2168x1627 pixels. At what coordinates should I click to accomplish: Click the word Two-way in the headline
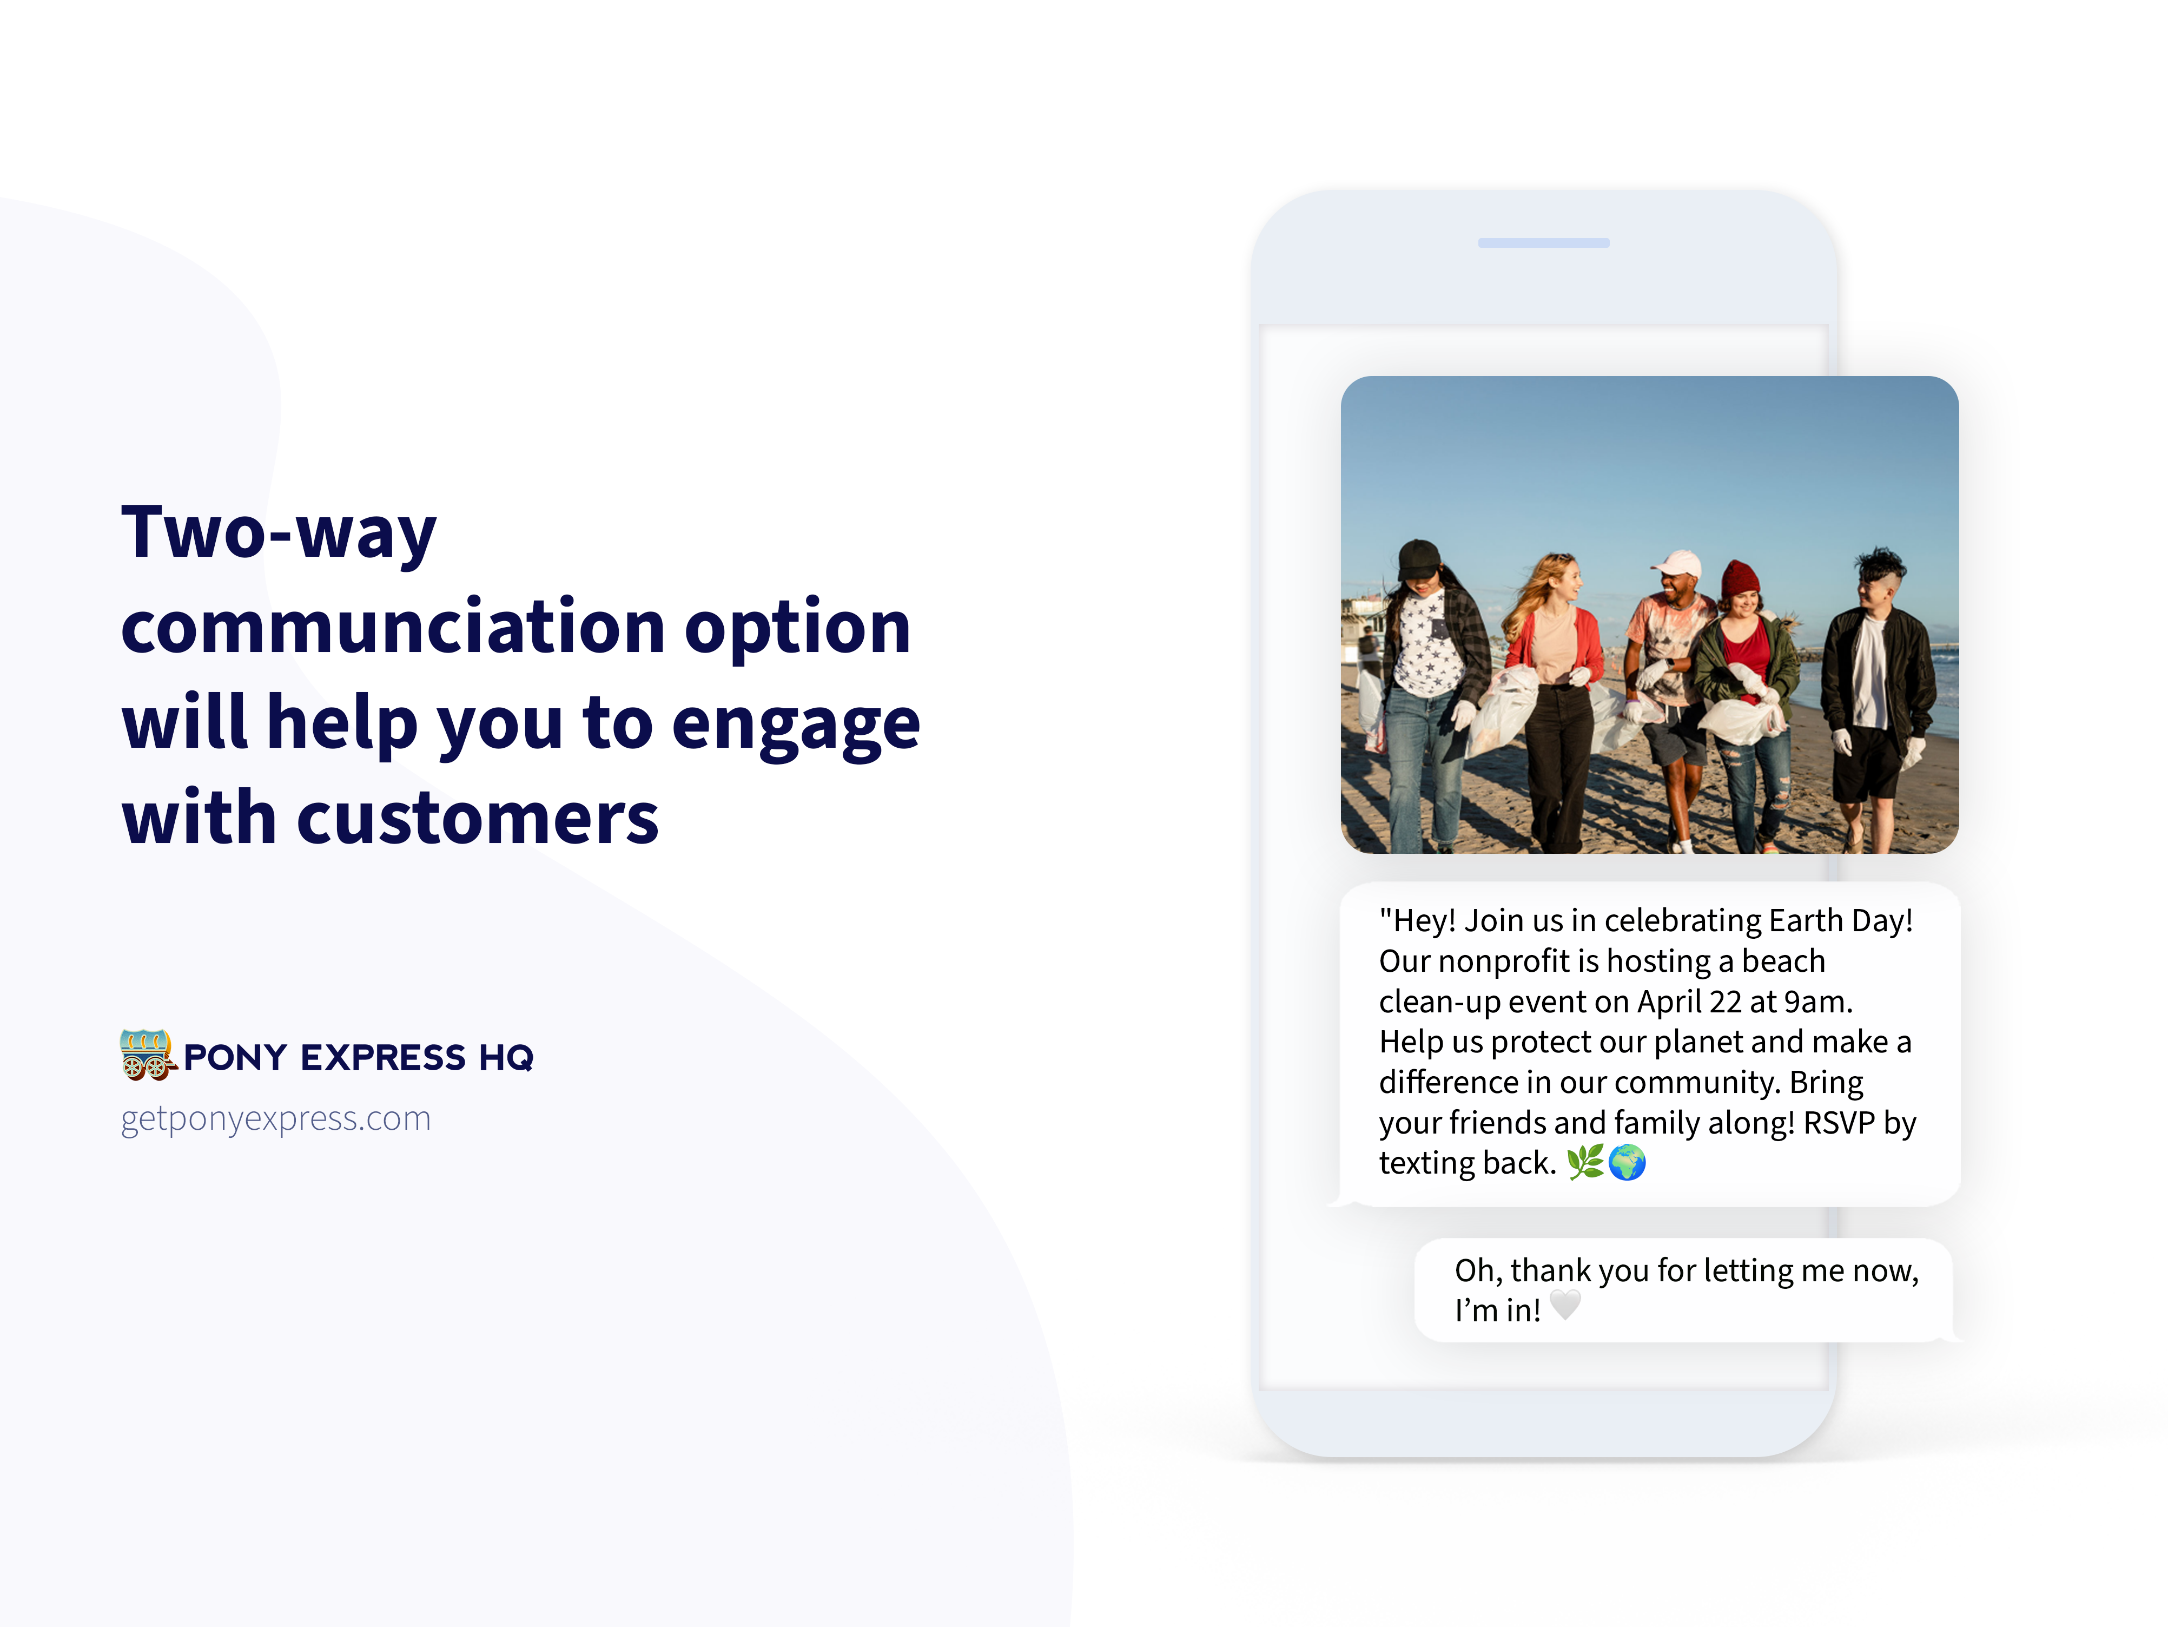point(279,533)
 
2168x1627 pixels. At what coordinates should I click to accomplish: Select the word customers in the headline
point(477,818)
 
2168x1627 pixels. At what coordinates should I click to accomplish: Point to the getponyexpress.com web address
point(275,1118)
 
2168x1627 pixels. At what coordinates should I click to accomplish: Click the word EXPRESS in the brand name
point(383,1058)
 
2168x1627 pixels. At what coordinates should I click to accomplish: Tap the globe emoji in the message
point(1627,1162)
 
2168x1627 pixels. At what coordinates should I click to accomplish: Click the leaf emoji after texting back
point(1585,1162)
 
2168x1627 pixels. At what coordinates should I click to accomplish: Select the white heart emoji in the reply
point(1565,1306)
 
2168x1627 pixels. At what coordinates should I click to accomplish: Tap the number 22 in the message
point(1725,1002)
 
